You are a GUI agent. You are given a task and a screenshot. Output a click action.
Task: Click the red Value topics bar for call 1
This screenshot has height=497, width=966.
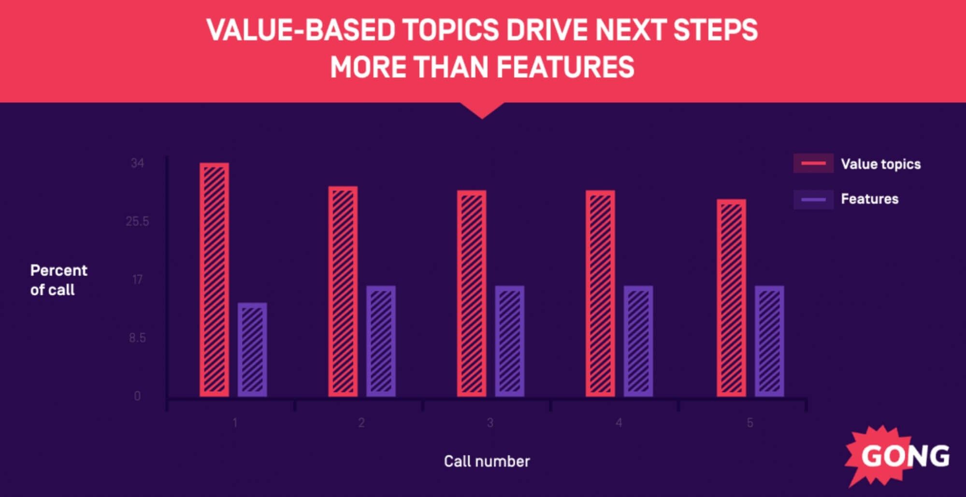point(214,280)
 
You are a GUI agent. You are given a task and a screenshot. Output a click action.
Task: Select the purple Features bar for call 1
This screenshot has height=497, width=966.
point(252,350)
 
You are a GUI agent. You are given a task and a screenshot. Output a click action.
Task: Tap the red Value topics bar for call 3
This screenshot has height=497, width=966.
point(472,293)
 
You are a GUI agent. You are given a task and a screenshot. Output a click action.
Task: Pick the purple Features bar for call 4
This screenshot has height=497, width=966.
point(638,341)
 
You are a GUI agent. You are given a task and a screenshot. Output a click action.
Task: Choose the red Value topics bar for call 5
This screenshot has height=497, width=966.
point(731,298)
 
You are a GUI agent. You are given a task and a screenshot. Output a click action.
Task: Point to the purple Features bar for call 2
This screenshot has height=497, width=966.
point(381,341)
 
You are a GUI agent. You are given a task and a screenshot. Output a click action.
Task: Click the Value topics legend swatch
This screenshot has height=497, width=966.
point(813,163)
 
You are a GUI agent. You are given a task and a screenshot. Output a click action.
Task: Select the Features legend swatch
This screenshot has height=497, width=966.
point(813,199)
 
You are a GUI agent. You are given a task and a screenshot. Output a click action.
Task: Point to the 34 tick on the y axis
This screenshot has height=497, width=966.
point(137,163)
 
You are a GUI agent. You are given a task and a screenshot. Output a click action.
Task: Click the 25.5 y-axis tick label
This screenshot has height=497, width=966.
point(137,222)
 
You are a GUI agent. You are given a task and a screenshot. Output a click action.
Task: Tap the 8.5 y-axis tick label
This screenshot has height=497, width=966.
point(137,338)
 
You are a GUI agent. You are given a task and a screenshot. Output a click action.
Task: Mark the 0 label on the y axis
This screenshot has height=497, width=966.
point(137,396)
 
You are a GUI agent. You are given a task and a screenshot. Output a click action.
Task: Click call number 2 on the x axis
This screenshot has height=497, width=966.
point(361,423)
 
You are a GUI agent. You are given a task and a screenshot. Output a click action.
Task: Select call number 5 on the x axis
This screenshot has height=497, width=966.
point(750,423)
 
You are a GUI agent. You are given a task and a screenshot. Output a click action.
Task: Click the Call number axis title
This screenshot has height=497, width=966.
point(487,461)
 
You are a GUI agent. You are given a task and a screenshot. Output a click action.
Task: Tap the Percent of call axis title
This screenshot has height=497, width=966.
point(58,280)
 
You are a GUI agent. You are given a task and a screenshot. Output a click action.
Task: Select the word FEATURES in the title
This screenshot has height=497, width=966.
point(565,67)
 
